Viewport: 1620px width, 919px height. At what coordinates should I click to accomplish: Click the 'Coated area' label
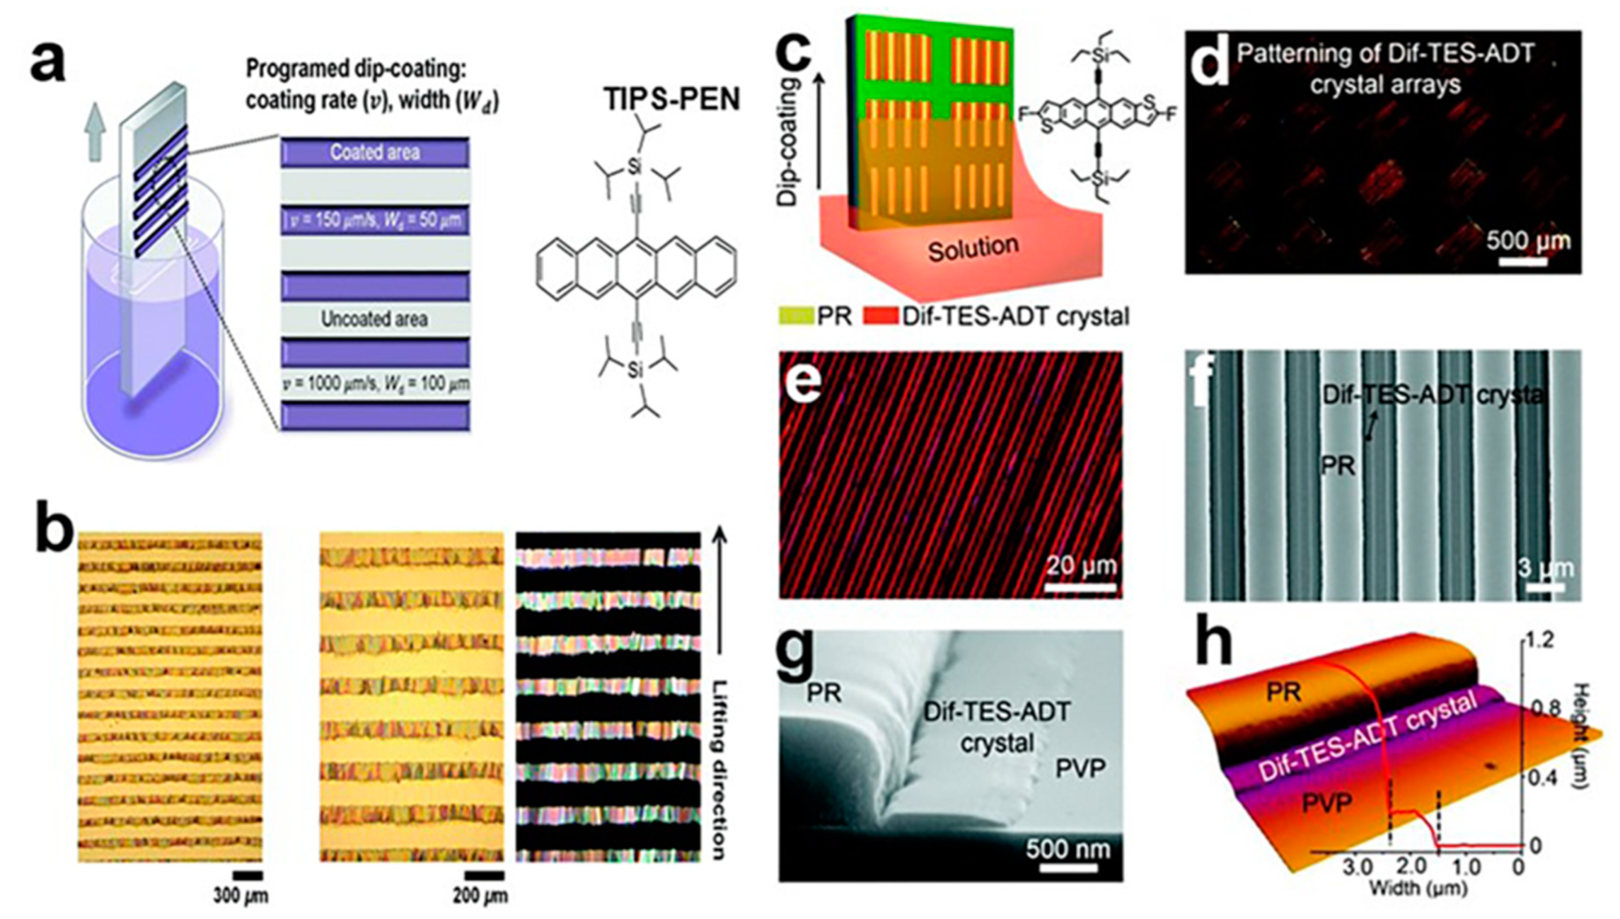tap(375, 153)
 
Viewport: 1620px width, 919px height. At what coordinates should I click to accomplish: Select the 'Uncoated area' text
tap(374, 320)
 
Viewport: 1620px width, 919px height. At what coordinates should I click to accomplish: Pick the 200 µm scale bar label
tap(480, 895)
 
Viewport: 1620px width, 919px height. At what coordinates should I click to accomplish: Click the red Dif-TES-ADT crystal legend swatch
tap(882, 315)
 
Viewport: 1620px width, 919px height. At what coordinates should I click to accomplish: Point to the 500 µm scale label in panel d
tap(1528, 240)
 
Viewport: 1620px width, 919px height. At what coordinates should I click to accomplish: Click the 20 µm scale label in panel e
tap(1081, 565)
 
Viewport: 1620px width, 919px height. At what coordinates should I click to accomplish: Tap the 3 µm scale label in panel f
tap(1545, 569)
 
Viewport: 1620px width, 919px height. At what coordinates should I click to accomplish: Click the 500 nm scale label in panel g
tap(1068, 849)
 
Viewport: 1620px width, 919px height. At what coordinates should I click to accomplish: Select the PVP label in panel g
tap(1081, 769)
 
